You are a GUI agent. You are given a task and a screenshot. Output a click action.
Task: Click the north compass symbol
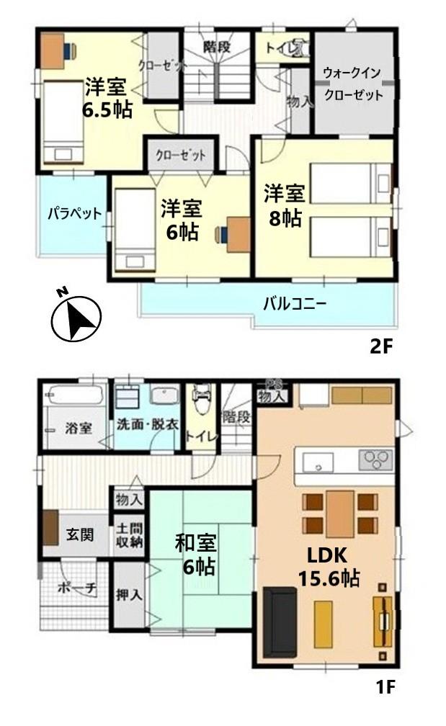click(76, 315)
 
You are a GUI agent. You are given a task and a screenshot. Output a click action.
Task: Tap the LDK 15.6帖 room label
click(329, 567)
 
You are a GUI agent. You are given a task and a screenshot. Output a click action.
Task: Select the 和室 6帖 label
click(195, 555)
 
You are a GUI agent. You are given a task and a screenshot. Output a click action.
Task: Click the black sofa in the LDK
click(280, 622)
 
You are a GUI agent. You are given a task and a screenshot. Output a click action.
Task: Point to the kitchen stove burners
click(375, 460)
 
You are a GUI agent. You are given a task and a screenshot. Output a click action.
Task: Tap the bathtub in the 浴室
click(73, 395)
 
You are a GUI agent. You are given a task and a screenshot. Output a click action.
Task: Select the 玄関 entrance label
click(79, 534)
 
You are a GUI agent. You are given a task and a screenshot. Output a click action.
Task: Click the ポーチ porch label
click(77, 588)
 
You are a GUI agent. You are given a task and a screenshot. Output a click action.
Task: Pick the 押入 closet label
click(129, 594)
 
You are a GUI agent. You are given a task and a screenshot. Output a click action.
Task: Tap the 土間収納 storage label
click(129, 535)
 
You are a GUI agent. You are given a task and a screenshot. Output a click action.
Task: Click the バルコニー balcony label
click(295, 304)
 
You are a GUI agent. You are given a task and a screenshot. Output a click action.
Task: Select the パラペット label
click(74, 213)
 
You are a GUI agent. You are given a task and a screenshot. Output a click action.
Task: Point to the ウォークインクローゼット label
click(353, 84)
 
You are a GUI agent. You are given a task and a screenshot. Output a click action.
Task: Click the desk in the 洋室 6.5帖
click(53, 50)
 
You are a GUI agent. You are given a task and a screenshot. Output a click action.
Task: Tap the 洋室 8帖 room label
click(285, 205)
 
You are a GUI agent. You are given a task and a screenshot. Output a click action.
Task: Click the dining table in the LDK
click(340, 514)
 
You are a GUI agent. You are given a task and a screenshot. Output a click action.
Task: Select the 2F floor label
click(381, 347)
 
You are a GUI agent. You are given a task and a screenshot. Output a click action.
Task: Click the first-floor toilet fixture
click(200, 399)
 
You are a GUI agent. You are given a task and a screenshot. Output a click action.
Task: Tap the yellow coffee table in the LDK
click(324, 624)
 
